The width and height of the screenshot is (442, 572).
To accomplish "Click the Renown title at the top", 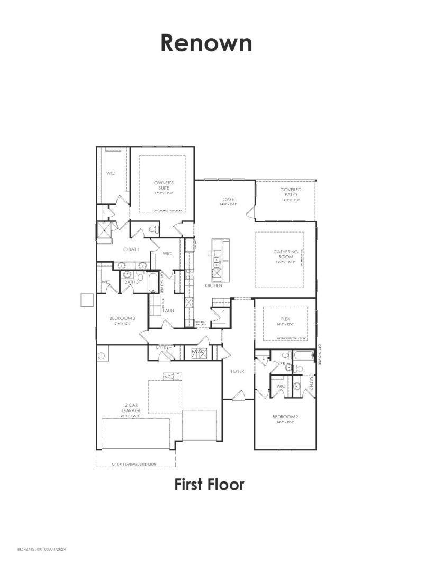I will pos(206,43).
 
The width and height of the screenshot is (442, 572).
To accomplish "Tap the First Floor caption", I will pos(210,484).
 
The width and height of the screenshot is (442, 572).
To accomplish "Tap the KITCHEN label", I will pos(214,285).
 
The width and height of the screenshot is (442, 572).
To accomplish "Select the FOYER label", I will pos(238,371).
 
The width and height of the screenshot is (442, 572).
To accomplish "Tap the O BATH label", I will pos(131,249).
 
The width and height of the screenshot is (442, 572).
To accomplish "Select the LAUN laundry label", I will pos(168,310).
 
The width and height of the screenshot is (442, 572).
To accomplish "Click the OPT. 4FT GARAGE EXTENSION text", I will pos(134,464).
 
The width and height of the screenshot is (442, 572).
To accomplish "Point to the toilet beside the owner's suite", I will pos(153,230).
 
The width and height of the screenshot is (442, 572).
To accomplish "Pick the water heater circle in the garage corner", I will pos(102,355).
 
